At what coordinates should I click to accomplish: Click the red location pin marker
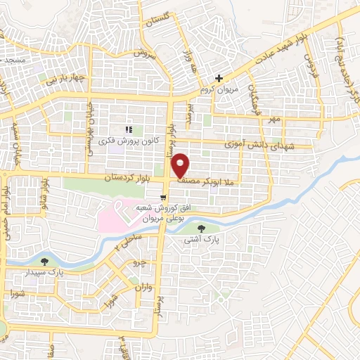[181, 165]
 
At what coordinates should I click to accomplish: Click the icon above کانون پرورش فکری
[128, 129]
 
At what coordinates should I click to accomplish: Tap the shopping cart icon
[163, 198]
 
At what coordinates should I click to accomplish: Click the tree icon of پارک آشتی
[202, 228]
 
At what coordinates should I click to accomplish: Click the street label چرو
[140, 264]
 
